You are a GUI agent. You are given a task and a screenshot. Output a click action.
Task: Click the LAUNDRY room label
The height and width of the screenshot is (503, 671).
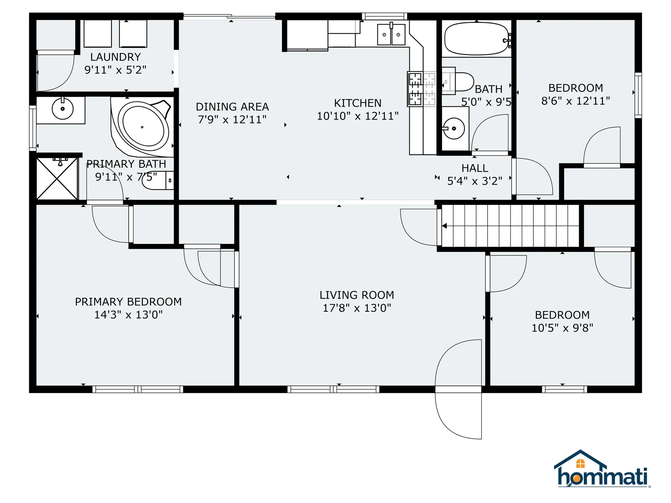click(115, 57)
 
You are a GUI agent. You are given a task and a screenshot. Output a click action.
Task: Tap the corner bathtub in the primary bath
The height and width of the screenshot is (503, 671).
click(142, 127)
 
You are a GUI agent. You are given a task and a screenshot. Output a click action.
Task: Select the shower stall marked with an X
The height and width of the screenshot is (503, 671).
click(57, 178)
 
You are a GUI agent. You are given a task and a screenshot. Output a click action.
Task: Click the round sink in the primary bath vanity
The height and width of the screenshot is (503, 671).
click(63, 109)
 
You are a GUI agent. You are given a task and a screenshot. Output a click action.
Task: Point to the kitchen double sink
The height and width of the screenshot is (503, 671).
click(391, 35)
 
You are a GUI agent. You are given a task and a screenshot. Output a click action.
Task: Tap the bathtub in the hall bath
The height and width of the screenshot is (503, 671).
click(476, 39)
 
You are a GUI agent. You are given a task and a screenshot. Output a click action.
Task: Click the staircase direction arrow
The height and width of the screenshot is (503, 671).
click(445, 226)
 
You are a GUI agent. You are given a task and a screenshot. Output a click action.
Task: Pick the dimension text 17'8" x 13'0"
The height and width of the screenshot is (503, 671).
click(357, 308)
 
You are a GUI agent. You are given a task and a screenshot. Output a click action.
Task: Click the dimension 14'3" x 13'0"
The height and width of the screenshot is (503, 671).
click(128, 315)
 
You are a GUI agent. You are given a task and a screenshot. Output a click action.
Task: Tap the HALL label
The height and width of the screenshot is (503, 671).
click(475, 168)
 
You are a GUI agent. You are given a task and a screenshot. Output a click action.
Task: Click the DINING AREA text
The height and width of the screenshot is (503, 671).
click(232, 107)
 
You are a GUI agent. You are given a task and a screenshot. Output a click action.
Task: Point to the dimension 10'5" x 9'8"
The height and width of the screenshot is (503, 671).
click(562, 328)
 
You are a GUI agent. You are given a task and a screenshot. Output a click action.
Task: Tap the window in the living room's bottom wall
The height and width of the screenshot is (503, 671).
click(333, 389)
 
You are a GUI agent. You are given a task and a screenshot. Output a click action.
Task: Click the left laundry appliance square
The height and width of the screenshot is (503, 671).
click(98, 34)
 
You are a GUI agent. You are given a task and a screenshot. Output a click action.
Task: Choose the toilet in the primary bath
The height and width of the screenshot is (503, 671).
click(158, 181)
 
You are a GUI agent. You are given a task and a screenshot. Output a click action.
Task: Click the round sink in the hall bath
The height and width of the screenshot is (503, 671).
click(454, 129)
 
